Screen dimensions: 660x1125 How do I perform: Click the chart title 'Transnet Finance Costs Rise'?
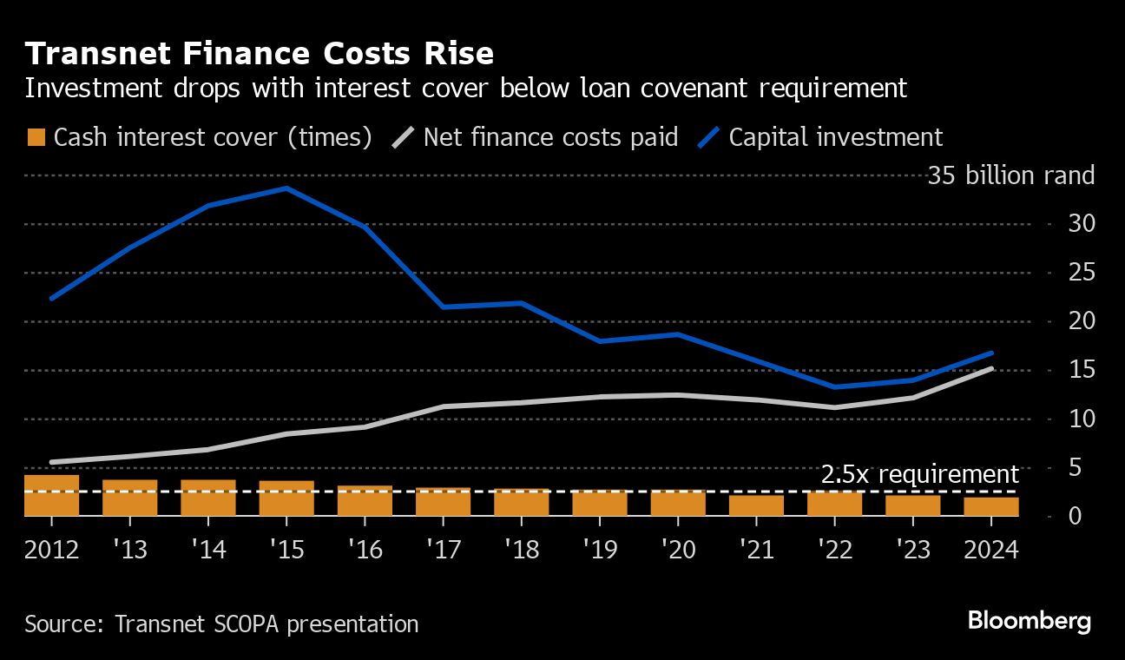[260, 54]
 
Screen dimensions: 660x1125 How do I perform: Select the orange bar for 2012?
[52, 496]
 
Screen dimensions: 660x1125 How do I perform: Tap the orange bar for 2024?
[992, 506]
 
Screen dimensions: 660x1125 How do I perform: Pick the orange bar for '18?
[522, 502]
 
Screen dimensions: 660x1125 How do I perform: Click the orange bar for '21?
[757, 505]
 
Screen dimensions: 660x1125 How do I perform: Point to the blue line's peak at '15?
[286, 188]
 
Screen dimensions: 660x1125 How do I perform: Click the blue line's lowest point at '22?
[835, 387]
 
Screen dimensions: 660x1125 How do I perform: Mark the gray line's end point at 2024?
[992, 368]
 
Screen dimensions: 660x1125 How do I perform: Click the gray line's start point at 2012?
[52, 462]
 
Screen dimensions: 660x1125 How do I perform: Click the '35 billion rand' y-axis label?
[1010, 176]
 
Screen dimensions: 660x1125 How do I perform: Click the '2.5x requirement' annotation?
[919, 474]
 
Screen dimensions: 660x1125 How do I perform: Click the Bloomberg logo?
[1029, 621]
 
